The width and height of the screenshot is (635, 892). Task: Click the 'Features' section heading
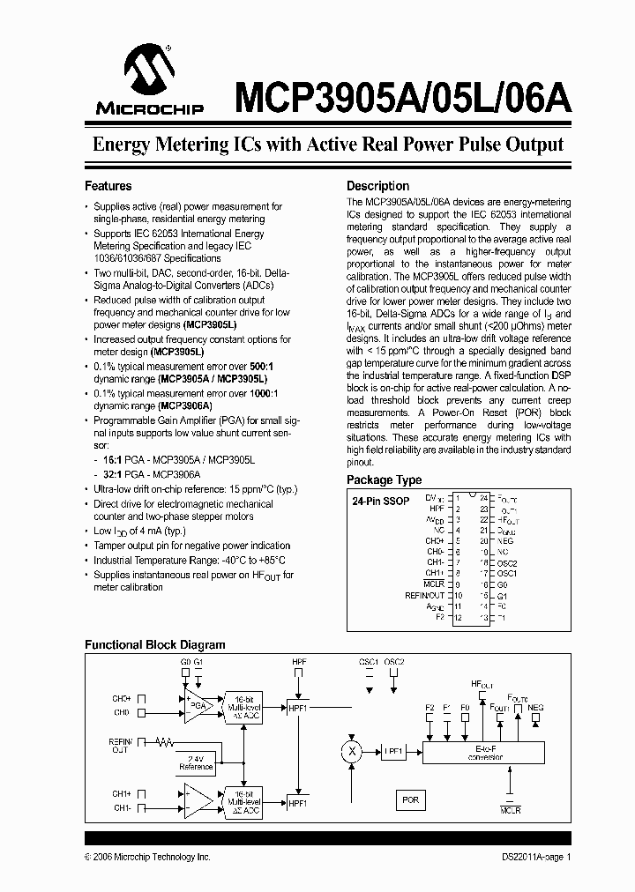click(108, 186)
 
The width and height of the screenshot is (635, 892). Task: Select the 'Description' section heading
click(377, 186)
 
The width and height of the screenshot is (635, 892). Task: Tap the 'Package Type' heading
click(384, 480)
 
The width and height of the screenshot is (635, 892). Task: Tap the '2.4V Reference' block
click(196, 762)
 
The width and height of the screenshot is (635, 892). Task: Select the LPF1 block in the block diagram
click(393, 751)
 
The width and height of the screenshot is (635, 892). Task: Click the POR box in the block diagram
click(410, 799)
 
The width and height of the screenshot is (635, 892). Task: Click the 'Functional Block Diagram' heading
click(154, 644)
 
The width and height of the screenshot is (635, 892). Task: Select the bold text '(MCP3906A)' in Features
click(185, 405)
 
